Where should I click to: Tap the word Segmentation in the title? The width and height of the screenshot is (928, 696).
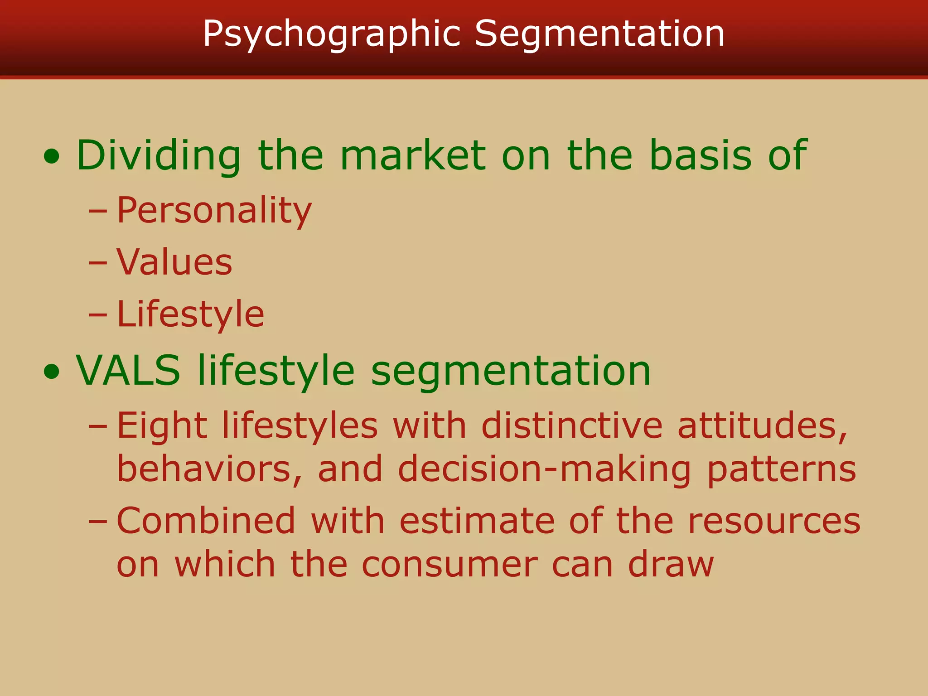point(599,34)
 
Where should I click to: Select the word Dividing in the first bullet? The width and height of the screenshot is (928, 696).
point(159,155)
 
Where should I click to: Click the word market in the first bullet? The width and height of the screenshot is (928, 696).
point(412,155)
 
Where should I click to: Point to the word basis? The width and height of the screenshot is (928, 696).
point(700,155)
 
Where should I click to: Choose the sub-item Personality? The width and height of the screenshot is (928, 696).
point(214,211)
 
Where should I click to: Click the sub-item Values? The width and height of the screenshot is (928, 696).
point(174,262)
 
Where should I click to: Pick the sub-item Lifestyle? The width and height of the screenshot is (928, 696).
point(190,314)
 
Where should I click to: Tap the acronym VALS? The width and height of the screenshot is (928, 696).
point(128,371)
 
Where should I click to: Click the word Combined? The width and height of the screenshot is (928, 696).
point(206,521)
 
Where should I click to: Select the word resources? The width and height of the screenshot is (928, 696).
point(774,522)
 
